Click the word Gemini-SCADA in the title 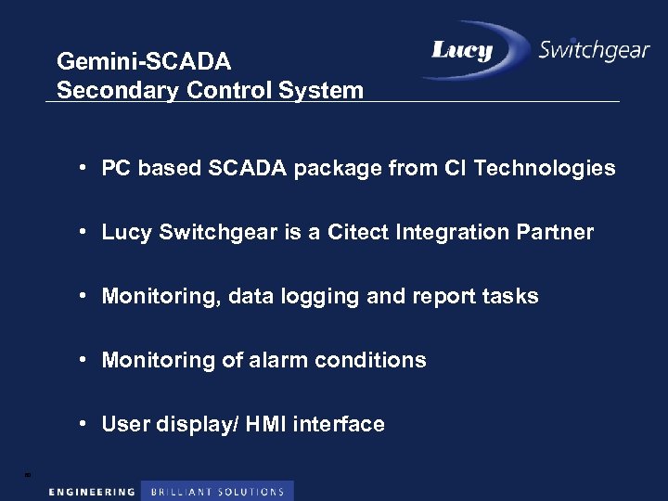pyautogui.click(x=144, y=62)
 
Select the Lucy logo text pyautogui.click(x=462, y=50)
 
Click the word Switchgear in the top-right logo pyautogui.click(x=593, y=50)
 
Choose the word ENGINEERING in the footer pyautogui.click(x=92, y=492)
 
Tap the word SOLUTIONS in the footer pyautogui.click(x=251, y=492)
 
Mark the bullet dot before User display pyautogui.click(x=83, y=423)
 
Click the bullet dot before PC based pyautogui.click(x=83, y=167)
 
